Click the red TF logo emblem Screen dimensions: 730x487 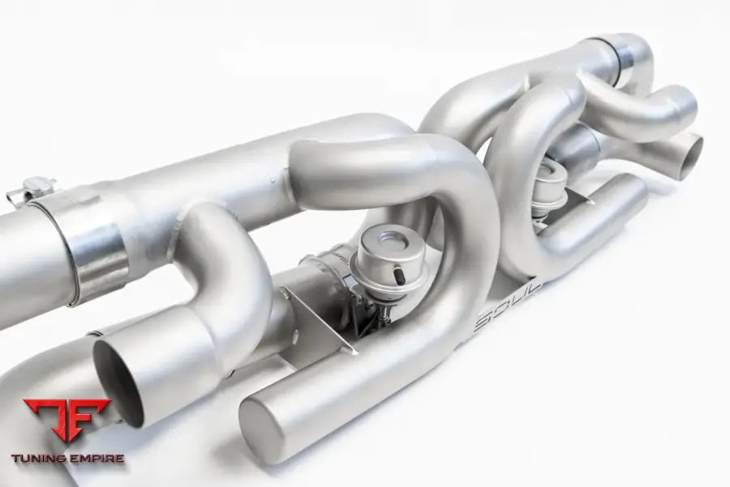tap(67, 419)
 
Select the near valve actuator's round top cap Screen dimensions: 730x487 tap(390, 243)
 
